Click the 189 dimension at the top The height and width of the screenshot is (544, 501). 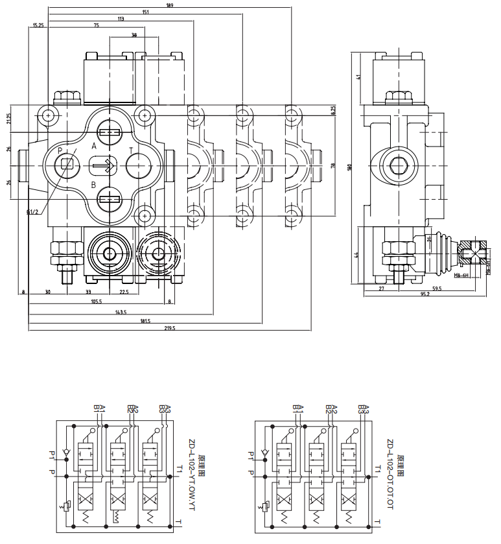tap(152, 5)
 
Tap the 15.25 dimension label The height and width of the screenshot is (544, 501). tap(38, 26)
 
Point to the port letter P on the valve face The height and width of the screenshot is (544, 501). tap(60, 150)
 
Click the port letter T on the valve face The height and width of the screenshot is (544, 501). tap(131, 150)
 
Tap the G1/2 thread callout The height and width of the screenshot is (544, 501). tap(32, 211)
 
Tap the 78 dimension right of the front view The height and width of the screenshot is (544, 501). tap(333, 165)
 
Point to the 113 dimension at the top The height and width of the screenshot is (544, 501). tap(121, 19)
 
